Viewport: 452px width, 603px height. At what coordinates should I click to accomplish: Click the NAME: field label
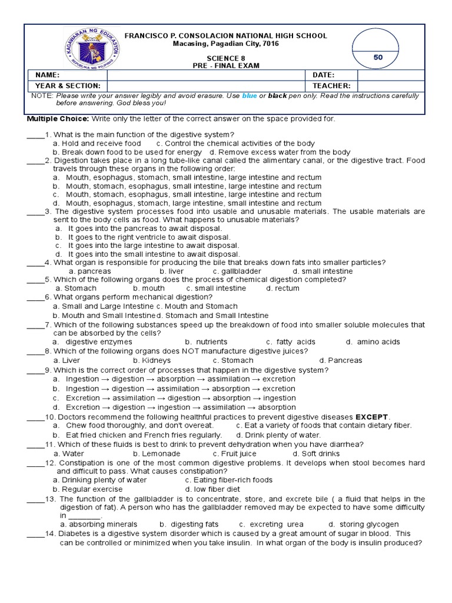48,75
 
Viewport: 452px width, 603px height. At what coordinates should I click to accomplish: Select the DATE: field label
324,75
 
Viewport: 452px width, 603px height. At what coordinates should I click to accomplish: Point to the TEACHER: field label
331,85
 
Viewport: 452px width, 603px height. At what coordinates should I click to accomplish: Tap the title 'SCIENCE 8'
226,58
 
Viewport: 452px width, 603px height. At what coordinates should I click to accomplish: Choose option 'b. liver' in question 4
171,271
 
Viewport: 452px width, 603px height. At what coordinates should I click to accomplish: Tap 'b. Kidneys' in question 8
152,360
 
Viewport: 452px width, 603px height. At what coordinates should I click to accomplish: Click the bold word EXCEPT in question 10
371,416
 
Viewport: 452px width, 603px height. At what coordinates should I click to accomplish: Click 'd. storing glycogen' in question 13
363,524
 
